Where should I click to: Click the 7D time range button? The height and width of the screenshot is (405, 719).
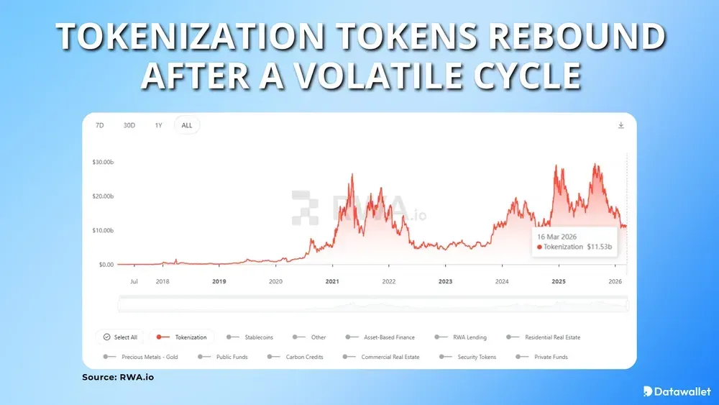coord(100,125)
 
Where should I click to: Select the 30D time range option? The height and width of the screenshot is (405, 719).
coord(129,125)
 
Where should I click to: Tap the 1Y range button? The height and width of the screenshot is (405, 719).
coord(158,125)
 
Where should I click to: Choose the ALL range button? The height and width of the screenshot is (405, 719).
coord(187,125)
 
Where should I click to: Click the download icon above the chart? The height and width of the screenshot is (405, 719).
coord(621,125)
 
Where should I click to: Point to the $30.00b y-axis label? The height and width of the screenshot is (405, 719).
coord(104,162)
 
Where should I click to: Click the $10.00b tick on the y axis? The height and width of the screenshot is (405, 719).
coord(104,230)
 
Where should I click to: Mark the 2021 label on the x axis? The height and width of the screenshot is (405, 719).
coord(332,282)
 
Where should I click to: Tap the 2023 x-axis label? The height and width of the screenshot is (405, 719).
coord(445,282)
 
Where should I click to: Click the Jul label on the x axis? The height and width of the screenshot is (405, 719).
coord(134,282)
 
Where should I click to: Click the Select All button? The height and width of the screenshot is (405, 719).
coord(121,337)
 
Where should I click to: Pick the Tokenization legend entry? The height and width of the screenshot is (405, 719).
coord(183,337)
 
